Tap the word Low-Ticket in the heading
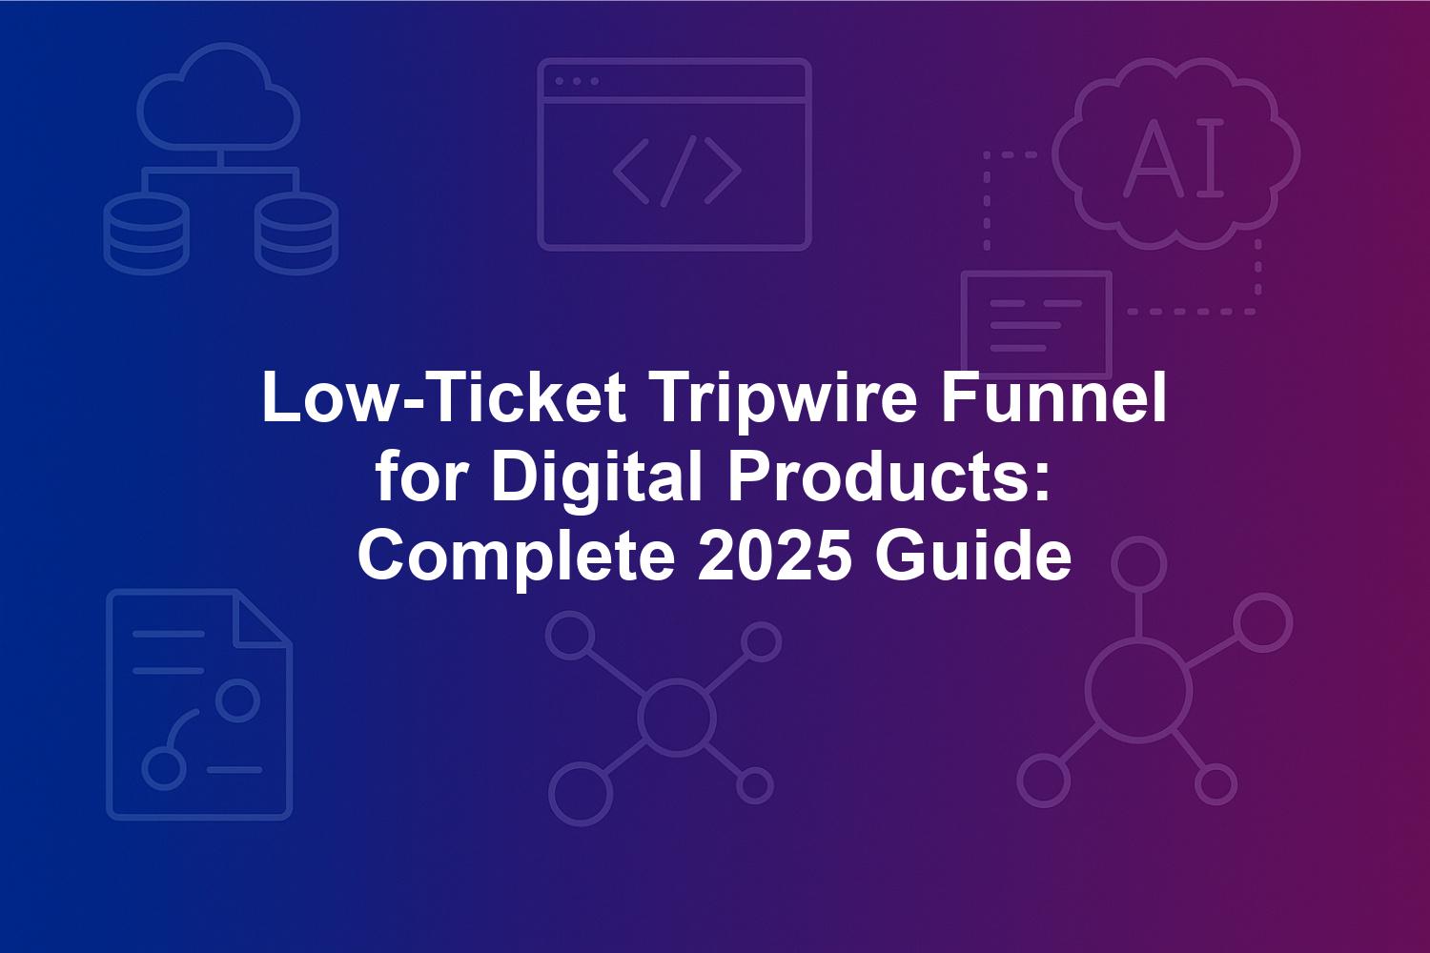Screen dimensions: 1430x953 pyautogui.click(x=444, y=396)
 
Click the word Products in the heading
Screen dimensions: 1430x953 pyautogui.click(x=888, y=477)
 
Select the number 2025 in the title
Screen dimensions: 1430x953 pyautogui.click(x=774, y=556)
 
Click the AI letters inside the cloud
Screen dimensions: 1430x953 pyautogui.click(x=1174, y=157)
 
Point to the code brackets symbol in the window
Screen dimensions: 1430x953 pyautogui.click(x=677, y=172)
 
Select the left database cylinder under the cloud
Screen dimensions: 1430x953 pyautogui.click(x=146, y=233)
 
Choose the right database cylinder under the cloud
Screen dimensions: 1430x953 pyautogui.click(x=296, y=233)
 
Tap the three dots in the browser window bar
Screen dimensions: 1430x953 pyautogui.click(x=577, y=81)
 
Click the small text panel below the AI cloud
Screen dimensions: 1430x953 pyautogui.click(x=1037, y=324)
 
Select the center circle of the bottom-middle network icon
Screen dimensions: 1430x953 pyautogui.click(x=676, y=717)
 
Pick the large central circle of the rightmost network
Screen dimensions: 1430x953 pyautogui.click(x=1139, y=692)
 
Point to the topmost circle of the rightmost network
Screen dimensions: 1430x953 pyautogui.click(x=1139, y=564)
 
